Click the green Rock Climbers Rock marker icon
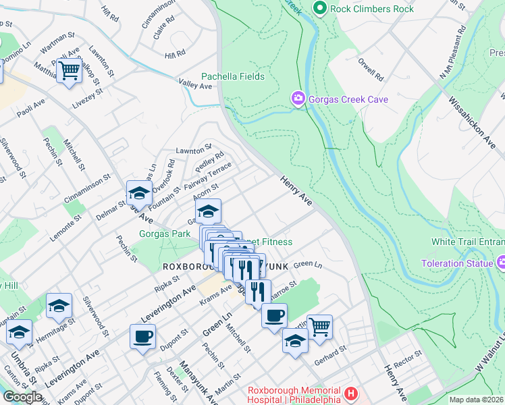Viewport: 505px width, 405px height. pyautogui.click(x=320, y=9)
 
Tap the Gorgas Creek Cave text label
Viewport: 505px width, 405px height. pyautogui.click(x=348, y=100)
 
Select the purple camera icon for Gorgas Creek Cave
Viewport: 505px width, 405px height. pyautogui.click(x=298, y=99)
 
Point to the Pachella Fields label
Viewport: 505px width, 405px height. pyautogui.click(x=233, y=77)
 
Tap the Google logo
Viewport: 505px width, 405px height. pyautogui.click(x=22, y=397)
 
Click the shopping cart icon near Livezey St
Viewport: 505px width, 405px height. pyautogui.click(x=70, y=70)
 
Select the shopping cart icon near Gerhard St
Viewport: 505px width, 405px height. pyautogui.click(x=319, y=327)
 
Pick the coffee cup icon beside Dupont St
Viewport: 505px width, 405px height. pyautogui.click(x=143, y=335)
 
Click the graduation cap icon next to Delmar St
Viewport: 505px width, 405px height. pyautogui.click(x=139, y=193)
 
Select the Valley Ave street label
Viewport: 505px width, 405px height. pyautogui.click(x=196, y=86)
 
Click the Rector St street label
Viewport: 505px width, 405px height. pyautogui.click(x=408, y=358)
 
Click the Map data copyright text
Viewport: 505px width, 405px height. pyautogui.click(x=476, y=400)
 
